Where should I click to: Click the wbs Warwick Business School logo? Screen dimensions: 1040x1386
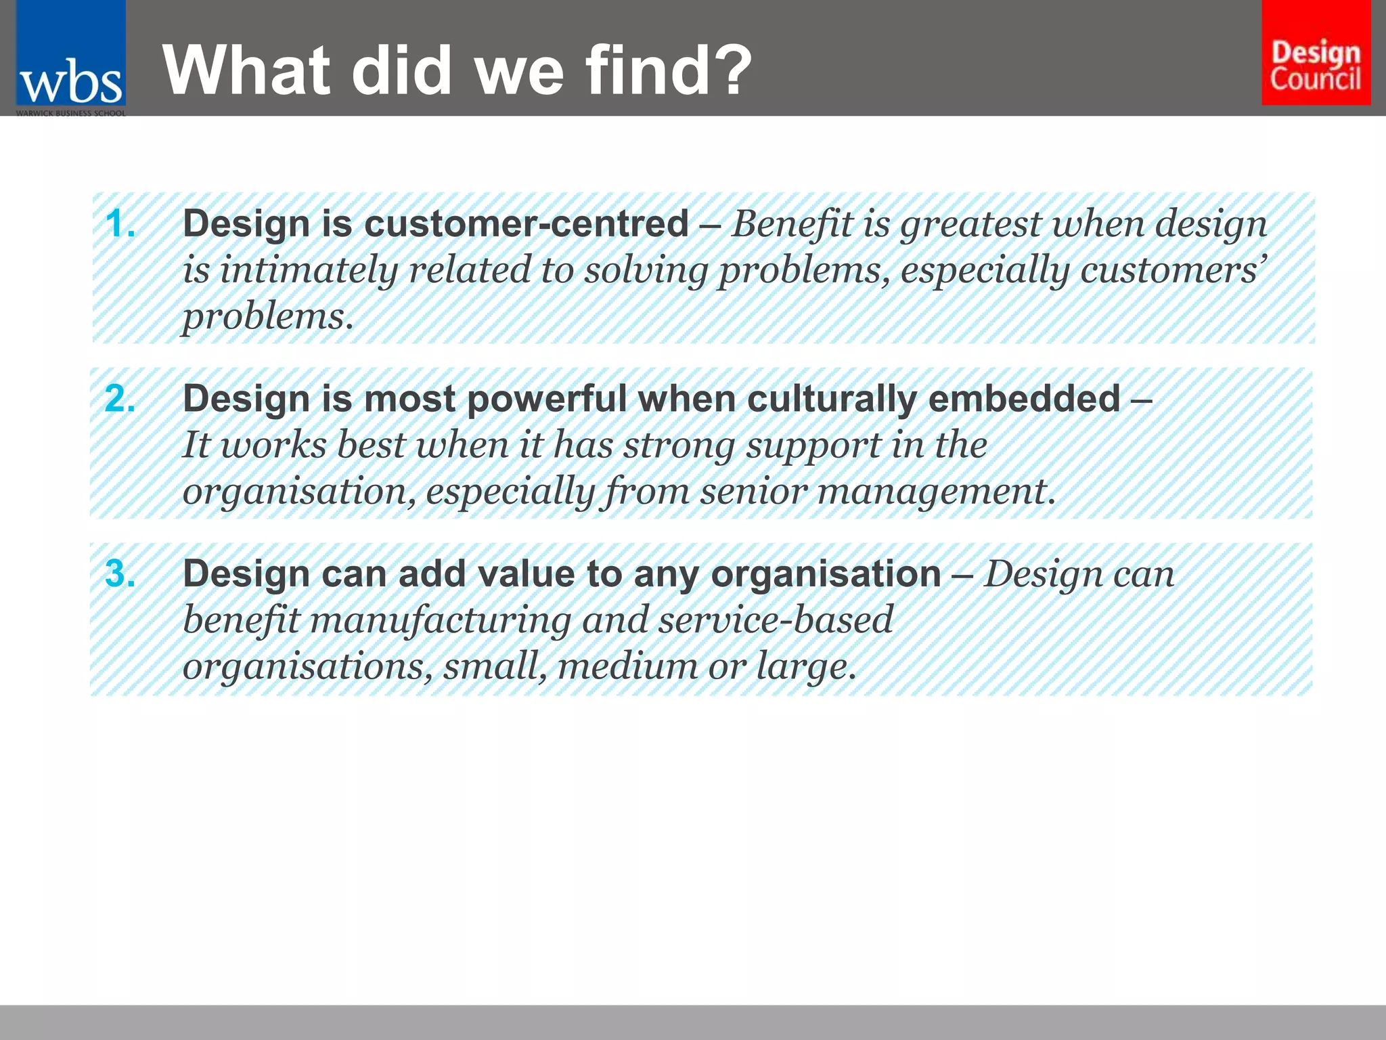point(70,60)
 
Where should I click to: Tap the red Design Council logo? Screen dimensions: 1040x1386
point(1316,53)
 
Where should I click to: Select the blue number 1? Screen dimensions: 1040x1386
point(120,223)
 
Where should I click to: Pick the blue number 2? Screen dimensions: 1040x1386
point(120,398)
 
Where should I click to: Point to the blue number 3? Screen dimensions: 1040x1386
point(120,573)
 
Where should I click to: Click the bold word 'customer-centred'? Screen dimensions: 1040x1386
point(526,223)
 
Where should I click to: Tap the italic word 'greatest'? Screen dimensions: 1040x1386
point(970,225)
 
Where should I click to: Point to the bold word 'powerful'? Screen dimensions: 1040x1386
point(547,398)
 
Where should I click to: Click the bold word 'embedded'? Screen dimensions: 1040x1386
point(1024,398)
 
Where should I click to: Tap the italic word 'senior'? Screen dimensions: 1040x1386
point(753,491)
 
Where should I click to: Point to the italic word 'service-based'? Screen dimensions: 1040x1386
point(776,620)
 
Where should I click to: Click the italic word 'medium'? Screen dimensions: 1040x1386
point(627,666)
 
